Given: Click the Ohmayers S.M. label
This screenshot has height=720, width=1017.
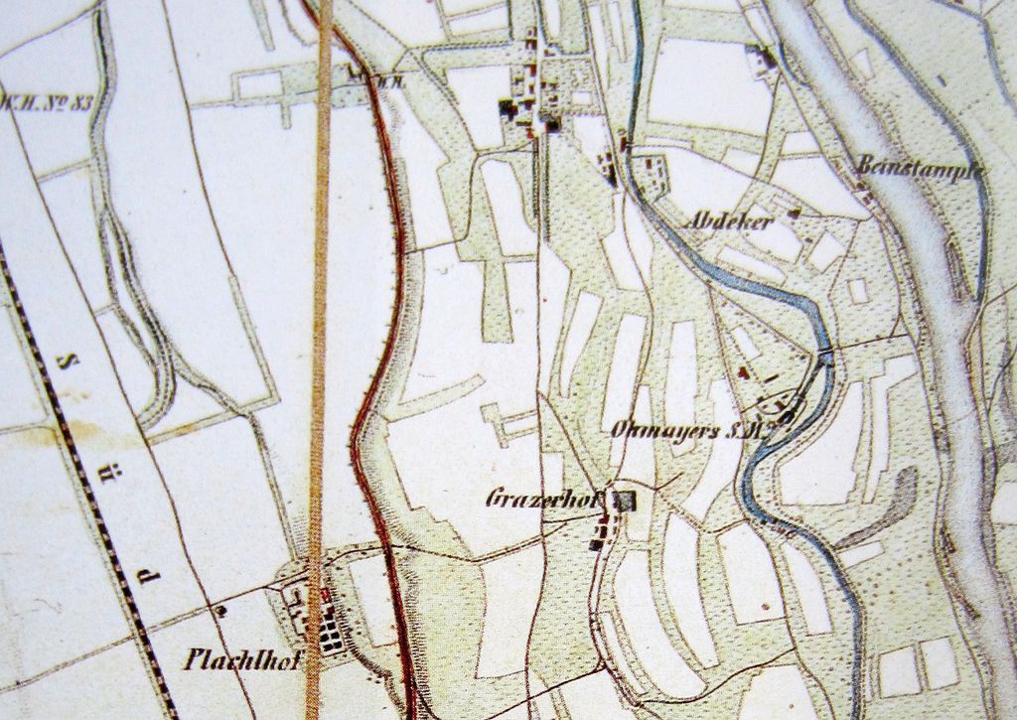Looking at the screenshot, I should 692,430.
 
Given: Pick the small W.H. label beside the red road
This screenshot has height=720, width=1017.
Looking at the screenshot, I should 382,83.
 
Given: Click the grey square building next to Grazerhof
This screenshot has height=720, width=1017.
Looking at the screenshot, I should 624,501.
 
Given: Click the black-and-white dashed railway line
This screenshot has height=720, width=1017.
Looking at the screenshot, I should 99,497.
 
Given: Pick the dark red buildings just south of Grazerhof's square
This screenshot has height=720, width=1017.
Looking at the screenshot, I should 600,536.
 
